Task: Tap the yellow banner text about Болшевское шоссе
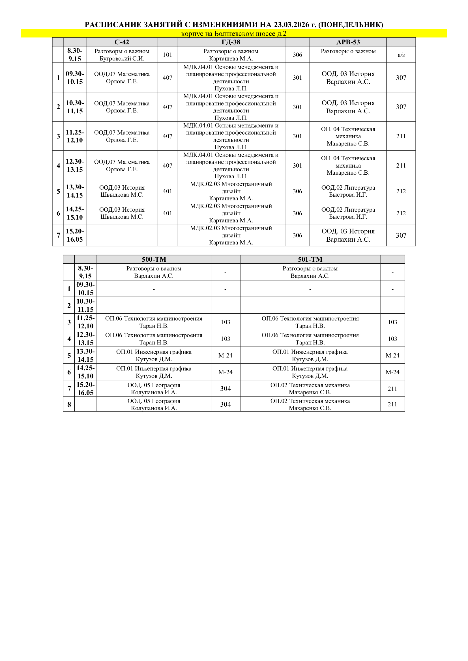coord(234,34)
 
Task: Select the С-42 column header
coord(122,42)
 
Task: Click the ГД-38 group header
coord(231,42)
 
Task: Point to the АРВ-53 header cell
coord(348,42)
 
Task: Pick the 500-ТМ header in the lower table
coord(154,259)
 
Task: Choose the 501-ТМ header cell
coord(310,259)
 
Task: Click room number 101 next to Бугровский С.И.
coord(168,55)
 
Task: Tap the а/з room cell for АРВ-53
coord(401,55)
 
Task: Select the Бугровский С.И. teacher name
coord(122,58)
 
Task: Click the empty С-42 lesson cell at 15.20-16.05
coord(122,235)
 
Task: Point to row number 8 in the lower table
coord(69,404)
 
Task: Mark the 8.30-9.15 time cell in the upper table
coord(75,55)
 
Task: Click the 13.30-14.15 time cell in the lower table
coord(85,355)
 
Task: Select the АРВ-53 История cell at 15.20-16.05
coord(348,235)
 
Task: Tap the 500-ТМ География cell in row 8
coord(154,404)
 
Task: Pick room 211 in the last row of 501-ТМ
coord(392,404)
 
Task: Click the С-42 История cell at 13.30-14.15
coord(122,191)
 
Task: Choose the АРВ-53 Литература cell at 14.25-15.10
coord(348,213)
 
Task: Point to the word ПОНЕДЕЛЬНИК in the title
coord(350,25)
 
